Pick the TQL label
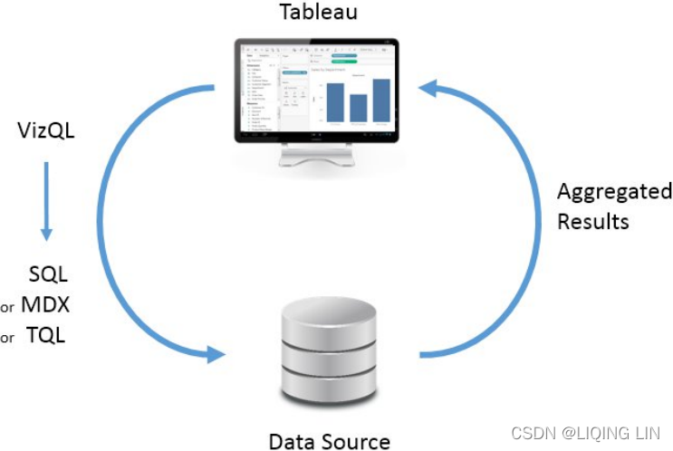45,335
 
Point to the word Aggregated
614,192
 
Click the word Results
593,221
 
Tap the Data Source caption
330,441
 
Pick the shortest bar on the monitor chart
358,108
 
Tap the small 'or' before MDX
7,308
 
